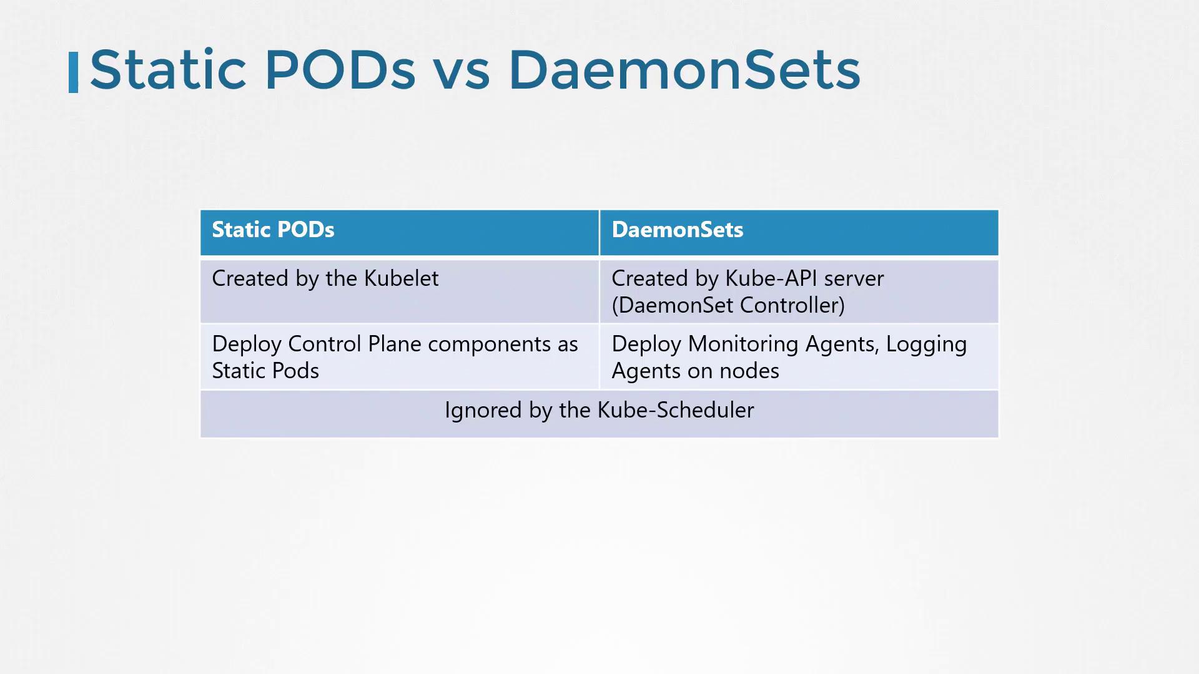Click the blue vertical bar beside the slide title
73,72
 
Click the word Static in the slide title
168,69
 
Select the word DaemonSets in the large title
684,69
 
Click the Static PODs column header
273,230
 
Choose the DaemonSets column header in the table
677,230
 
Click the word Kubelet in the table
401,278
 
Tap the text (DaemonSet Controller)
728,305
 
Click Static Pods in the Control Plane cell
265,371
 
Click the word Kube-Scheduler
676,410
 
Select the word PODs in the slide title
340,69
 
